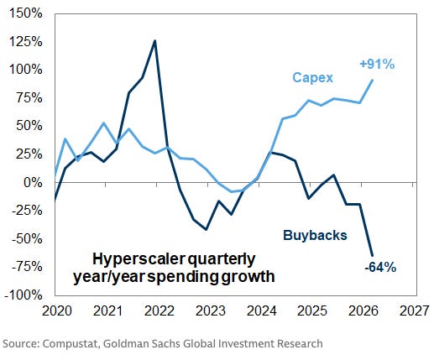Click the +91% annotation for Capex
point(377,65)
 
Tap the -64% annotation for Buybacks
point(380,268)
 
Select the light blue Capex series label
point(313,77)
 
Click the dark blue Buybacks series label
point(315,235)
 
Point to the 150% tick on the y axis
point(26,13)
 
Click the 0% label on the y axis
point(33,183)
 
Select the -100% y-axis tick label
point(24,295)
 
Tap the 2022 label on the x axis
point(159,310)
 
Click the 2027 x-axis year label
point(414,310)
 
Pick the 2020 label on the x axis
point(57,310)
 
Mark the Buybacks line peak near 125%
point(154,41)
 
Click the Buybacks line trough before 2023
point(207,230)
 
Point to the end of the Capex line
point(373,80)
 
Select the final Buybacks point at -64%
point(373,255)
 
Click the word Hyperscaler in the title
point(139,260)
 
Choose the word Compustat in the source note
point(71,344)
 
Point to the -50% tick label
point(27,239)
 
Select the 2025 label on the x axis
point(312,310)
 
